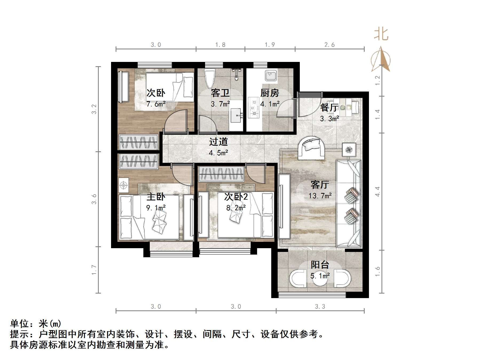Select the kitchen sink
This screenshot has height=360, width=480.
pyautogui.click(x=271, y=75)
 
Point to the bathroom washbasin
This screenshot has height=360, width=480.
pyautogui.click(x=236, y=116)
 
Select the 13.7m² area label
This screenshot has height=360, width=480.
pyautogui.click(x=320, y=196)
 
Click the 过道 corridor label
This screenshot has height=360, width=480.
pyautogui.click(x=218, y=142)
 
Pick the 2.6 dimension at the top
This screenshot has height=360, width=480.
pyautogui.click(x=329, y=45)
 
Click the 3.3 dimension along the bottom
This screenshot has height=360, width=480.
pyautogui.click(x=320, y=307)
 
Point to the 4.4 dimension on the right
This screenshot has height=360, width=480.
pyautogui.click(x=377, y=192)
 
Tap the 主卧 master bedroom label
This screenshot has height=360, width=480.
pyautogui.click(x=156, y=197)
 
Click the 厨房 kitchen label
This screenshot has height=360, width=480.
pyautogui.click(x=270, y=93)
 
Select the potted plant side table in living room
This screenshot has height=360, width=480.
pyautogui.click(x=349, y=150)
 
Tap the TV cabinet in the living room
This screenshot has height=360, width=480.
pyautogui.click(x=284, y=206)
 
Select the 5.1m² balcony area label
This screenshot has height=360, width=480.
pyautogui.click(x=320, y=276)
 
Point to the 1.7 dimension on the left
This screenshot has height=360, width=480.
pyautogui.click(x=94, y=270)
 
